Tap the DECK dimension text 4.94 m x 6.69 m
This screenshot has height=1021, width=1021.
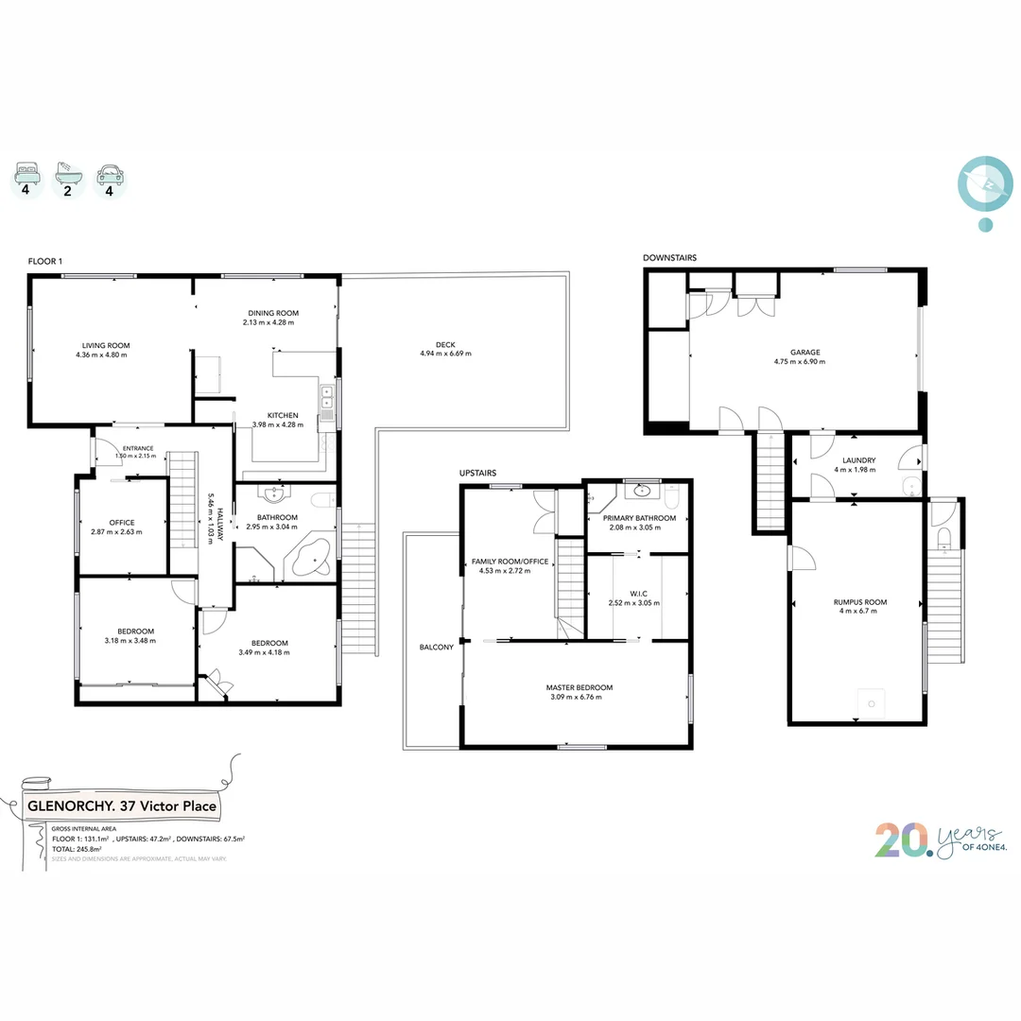click(x=444, y=354)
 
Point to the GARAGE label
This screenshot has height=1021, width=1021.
click(x=805, y=352)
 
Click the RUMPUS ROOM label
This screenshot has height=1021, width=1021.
click(x=859, y=601)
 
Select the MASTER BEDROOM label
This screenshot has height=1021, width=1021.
click(x=579, y=687)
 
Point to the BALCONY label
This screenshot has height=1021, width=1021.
click(x=437, y=648)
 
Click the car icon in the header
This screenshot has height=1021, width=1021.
click(x=110, y=174)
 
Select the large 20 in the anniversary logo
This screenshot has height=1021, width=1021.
click(x=902, y=839)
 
